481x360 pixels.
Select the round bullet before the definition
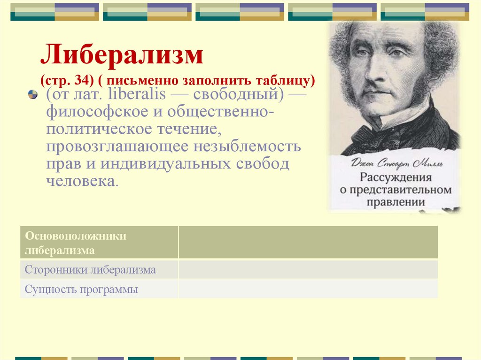32,95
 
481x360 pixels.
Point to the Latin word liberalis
137,94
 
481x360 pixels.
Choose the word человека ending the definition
80,182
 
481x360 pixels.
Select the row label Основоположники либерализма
75,243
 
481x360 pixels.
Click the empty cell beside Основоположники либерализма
308,242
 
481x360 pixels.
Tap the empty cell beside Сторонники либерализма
308,270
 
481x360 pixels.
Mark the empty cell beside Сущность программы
308,289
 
